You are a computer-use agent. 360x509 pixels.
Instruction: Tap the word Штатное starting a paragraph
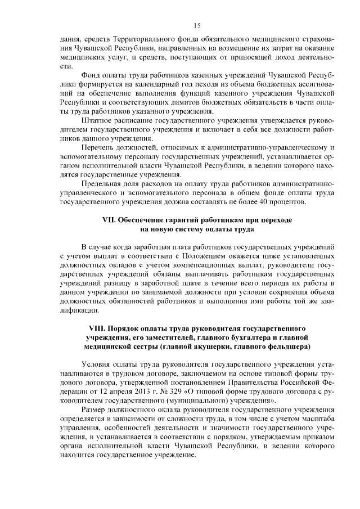(x=97, y=119)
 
